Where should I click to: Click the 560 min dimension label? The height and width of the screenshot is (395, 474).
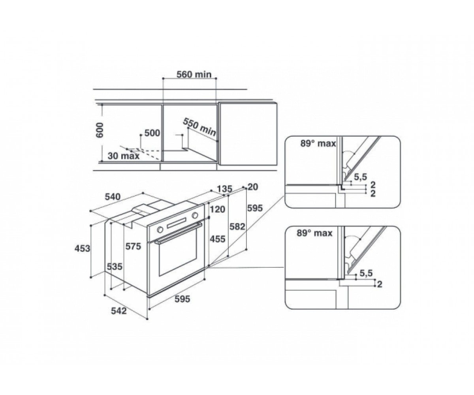click(194, 74)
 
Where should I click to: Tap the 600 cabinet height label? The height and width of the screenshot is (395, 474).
click(100, 130)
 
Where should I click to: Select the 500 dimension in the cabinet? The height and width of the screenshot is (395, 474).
click(152, 133)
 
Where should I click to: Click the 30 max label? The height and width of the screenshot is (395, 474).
click(124, 156)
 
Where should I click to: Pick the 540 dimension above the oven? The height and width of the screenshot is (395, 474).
click(113, 197)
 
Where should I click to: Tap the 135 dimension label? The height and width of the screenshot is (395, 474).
click(225, 189)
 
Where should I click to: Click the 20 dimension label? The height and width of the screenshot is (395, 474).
click(253, 187)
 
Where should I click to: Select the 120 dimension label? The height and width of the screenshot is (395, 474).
click(218, 209)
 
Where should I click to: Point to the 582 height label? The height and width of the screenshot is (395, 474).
click(237, 226)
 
